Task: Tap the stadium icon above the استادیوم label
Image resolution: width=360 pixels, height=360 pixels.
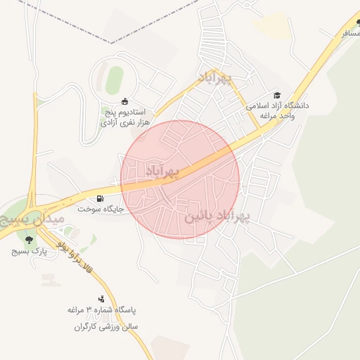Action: [125, 101]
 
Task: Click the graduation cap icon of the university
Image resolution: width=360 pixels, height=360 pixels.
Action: [277, 95]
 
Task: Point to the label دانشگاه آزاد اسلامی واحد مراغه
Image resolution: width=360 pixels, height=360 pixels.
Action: [277, 110]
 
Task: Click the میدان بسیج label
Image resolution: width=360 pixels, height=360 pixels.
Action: [34, 221]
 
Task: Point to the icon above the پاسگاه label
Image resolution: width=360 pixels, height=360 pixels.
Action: [102, 299]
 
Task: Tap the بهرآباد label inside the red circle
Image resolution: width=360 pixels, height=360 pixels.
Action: [163, 171]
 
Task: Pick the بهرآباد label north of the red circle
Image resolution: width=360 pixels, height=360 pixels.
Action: [214, 77]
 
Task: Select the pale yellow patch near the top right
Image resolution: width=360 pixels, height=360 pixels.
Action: [271, 27]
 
